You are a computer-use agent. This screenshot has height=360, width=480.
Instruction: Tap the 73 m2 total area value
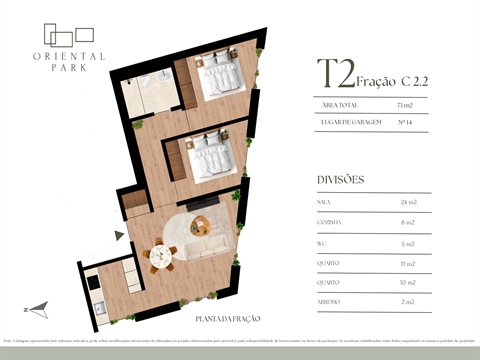[405, 104]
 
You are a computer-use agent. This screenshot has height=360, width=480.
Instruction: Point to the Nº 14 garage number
[406, 121]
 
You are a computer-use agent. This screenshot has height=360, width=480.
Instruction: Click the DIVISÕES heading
[340, 180]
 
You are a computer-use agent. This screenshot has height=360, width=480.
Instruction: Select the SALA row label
[324, 202]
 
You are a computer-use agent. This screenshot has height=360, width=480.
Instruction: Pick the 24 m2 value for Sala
[407, 202]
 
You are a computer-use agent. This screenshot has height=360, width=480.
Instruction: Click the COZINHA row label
[328, 221]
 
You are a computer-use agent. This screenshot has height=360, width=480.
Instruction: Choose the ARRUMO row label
[328, 301]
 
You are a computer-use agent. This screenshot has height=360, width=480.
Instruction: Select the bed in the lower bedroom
[213, 157]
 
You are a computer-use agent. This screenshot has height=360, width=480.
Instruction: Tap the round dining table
[160, 254]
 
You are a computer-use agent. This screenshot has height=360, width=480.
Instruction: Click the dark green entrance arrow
[120, 235]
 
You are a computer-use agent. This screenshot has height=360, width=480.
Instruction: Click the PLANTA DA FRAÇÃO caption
[228, 318]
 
